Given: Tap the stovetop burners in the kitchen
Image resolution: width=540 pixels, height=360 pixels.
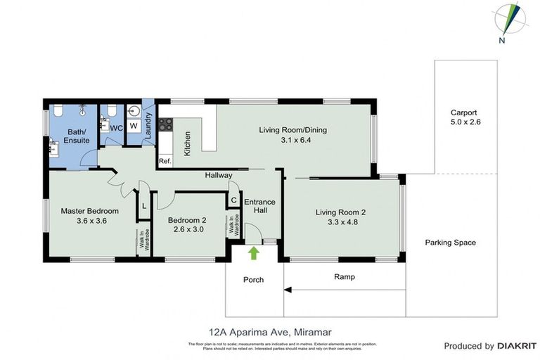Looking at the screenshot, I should [x=166, y=124].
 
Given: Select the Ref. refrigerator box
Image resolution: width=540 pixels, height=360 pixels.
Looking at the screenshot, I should [x=165, y=161].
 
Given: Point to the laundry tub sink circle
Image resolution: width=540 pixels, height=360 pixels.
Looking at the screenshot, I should [x=134, y=111].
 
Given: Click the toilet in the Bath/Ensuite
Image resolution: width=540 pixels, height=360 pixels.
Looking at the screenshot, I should [x=57, y=110].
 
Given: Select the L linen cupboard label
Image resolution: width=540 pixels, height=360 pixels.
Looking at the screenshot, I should [x=143, y=205].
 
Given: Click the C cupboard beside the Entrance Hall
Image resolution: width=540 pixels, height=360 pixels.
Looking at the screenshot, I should [x=233, y=200].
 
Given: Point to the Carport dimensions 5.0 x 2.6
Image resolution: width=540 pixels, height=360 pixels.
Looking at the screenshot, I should [x=464, y=122].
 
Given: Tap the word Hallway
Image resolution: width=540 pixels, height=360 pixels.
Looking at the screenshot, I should [x=219, y=175].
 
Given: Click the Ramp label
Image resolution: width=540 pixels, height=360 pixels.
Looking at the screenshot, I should [x=344, y=277].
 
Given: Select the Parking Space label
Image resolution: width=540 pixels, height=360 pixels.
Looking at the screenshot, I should [x=450, y=243].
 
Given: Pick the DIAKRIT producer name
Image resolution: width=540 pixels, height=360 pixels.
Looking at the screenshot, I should [x=517, y=346].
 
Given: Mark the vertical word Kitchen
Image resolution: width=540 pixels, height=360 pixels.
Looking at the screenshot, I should [x=188, y=143].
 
